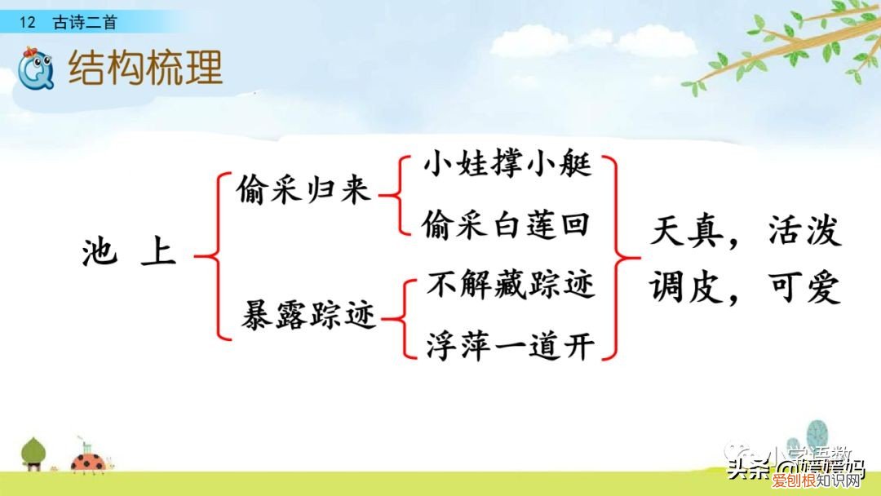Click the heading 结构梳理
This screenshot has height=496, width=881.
145,69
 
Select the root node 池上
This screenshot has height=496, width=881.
130,253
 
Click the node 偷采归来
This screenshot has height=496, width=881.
303,192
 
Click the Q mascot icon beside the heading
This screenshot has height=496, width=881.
36,69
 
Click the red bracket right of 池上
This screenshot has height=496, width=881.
210,255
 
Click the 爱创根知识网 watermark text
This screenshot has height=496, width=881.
825,484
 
